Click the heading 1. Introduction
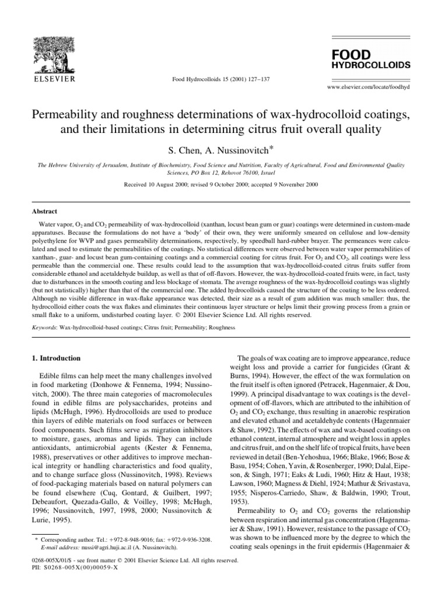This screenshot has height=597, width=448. (55, 358)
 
